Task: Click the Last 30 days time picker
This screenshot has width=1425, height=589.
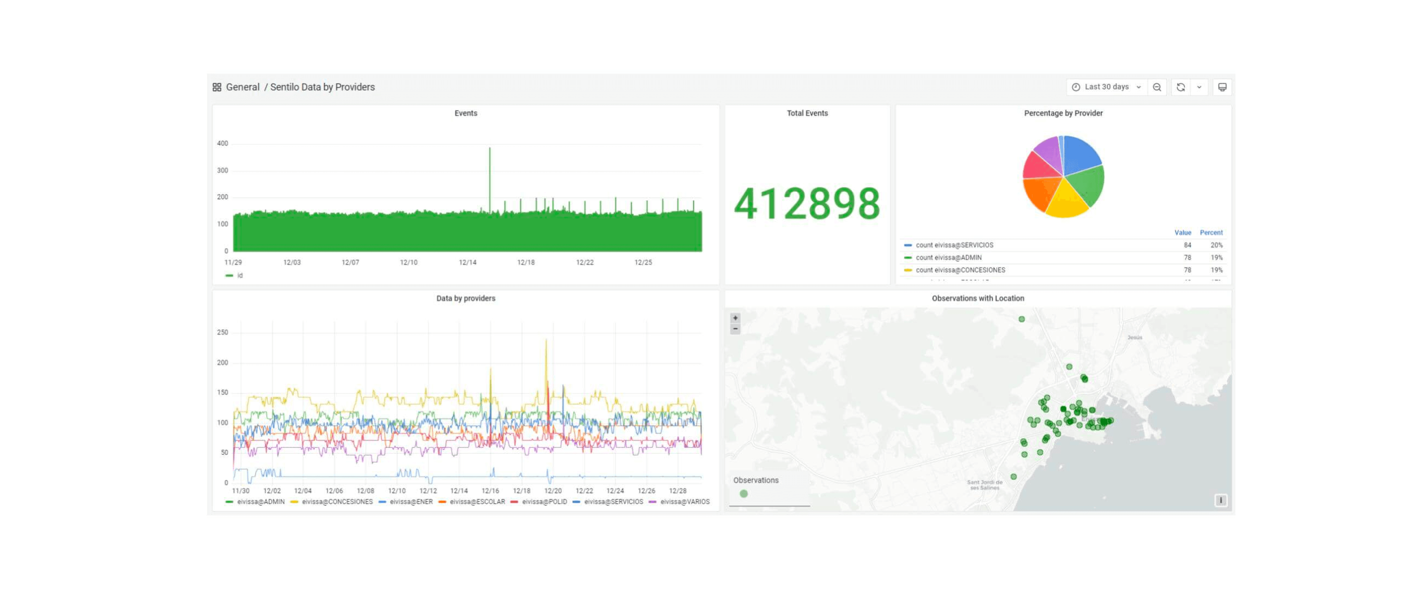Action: pos(1106,87)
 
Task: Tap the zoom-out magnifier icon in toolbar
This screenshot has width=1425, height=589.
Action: pos(1157,87)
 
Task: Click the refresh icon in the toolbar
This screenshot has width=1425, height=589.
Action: pos(1180,87)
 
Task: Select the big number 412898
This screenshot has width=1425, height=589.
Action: pos(807,204)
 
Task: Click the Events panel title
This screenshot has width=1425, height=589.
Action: pos(466,113)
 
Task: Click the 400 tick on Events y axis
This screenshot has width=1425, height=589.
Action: pos(223,143)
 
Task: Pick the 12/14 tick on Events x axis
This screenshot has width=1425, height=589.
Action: pos(468,263)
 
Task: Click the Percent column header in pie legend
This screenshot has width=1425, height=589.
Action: pos(1211,233)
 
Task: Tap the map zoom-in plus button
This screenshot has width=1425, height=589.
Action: pos(735,318)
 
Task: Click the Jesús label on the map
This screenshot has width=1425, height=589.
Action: pos(1135,337)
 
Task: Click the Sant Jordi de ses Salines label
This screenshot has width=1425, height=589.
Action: pos(985,485)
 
